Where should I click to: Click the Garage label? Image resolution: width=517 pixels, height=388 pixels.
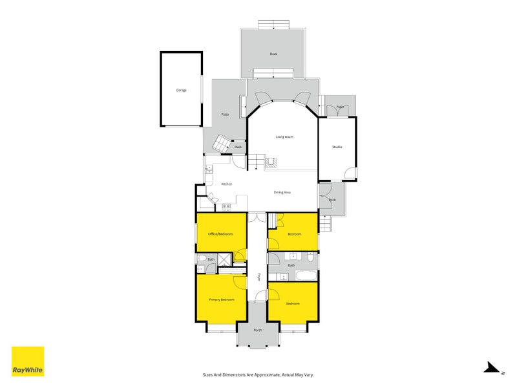(181, 90)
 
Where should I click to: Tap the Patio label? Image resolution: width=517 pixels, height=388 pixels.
(225, 114)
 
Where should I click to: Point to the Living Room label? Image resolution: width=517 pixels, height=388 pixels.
(284, 137)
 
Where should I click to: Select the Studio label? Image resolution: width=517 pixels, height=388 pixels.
(337, 147)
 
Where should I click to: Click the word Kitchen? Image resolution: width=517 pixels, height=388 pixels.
(226, 184)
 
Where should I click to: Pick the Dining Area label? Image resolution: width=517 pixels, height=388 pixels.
(282, 192)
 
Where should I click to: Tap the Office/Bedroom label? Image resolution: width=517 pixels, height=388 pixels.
(220, 233)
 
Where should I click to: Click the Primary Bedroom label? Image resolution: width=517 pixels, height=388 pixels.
(221, 299)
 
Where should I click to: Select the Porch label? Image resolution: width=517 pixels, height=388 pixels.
(258, 330)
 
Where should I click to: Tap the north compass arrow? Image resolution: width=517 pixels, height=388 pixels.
(492, 367)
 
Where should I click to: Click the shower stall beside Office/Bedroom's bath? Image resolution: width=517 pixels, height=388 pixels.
(224, 259)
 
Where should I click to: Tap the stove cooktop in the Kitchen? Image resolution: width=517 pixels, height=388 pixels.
(226, 207)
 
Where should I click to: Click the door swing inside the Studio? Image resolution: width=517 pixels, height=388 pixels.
(350, 173)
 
